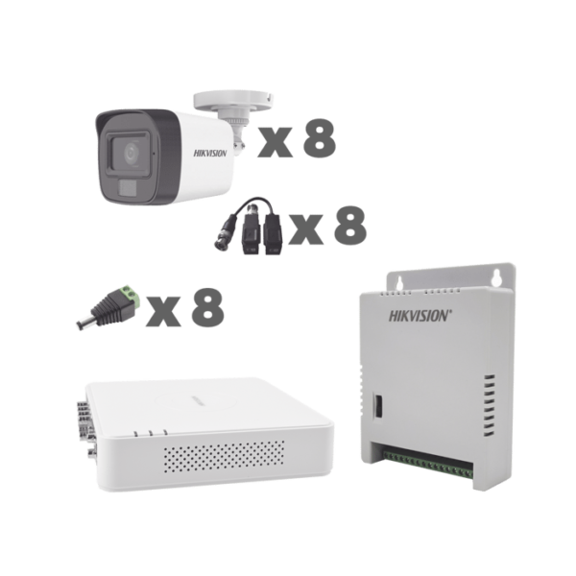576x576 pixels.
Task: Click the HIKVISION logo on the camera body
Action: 210,154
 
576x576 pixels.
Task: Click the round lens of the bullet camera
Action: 131,154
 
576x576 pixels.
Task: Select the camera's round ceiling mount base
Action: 233,101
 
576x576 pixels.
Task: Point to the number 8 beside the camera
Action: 320,138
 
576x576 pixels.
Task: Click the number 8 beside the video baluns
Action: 350,226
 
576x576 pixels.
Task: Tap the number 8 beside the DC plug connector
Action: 207,307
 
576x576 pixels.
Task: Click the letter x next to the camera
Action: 275,142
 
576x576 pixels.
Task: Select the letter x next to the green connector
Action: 163,311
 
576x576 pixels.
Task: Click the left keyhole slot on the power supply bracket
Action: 400,282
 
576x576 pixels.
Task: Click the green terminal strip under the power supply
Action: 427,465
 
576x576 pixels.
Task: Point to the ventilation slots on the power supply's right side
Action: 489,405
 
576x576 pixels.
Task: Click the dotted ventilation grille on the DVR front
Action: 224,456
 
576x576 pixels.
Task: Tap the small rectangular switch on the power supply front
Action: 377,405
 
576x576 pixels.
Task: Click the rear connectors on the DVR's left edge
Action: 85,428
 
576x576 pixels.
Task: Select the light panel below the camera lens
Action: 127,189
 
